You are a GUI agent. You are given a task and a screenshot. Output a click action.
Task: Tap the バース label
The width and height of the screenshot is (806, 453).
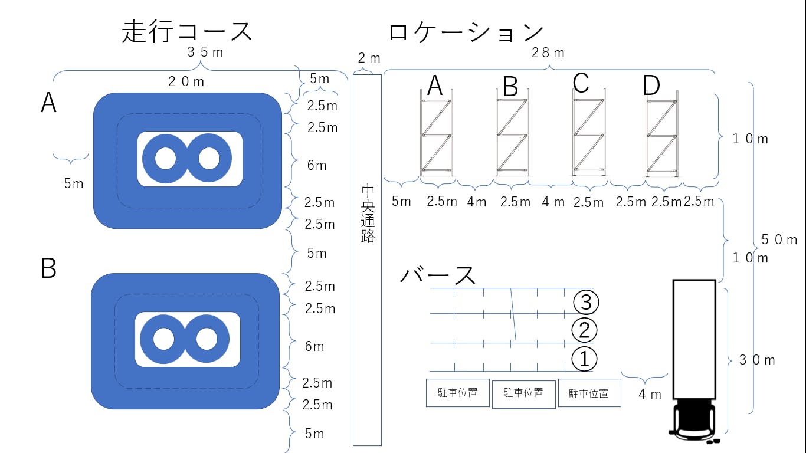click(x=438, y=275)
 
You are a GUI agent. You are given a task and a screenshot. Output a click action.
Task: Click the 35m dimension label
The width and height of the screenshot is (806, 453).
click(x=205, y=52)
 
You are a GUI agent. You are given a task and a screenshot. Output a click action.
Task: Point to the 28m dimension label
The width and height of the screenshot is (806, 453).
click(x=548, y=53)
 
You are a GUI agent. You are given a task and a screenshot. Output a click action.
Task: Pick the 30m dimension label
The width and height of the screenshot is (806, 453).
click(x=757, y=360)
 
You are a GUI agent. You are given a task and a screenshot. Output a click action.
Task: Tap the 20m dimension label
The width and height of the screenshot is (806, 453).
click(x=186, y=82)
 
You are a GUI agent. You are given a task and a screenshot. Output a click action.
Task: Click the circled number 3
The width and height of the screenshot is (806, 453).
click(x=586, y=302)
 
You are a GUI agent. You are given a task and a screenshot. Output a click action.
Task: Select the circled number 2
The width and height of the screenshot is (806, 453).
click(x=584, y=330)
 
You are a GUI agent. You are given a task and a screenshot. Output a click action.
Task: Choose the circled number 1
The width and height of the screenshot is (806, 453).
click(x=584, y=359)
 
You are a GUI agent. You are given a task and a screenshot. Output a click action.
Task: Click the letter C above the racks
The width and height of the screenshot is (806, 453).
click(x=581, y=83)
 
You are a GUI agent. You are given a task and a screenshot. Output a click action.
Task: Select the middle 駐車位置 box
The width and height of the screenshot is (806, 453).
click(x=523, y=393)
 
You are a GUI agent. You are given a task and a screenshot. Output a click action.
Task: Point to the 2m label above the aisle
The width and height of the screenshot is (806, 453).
click(x=369, y=58)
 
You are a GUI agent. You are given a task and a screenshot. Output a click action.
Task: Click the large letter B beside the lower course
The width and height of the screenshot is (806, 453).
click(x=48, y=268)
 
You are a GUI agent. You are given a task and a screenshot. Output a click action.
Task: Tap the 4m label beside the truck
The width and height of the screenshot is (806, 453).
click(x=650, y=394)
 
